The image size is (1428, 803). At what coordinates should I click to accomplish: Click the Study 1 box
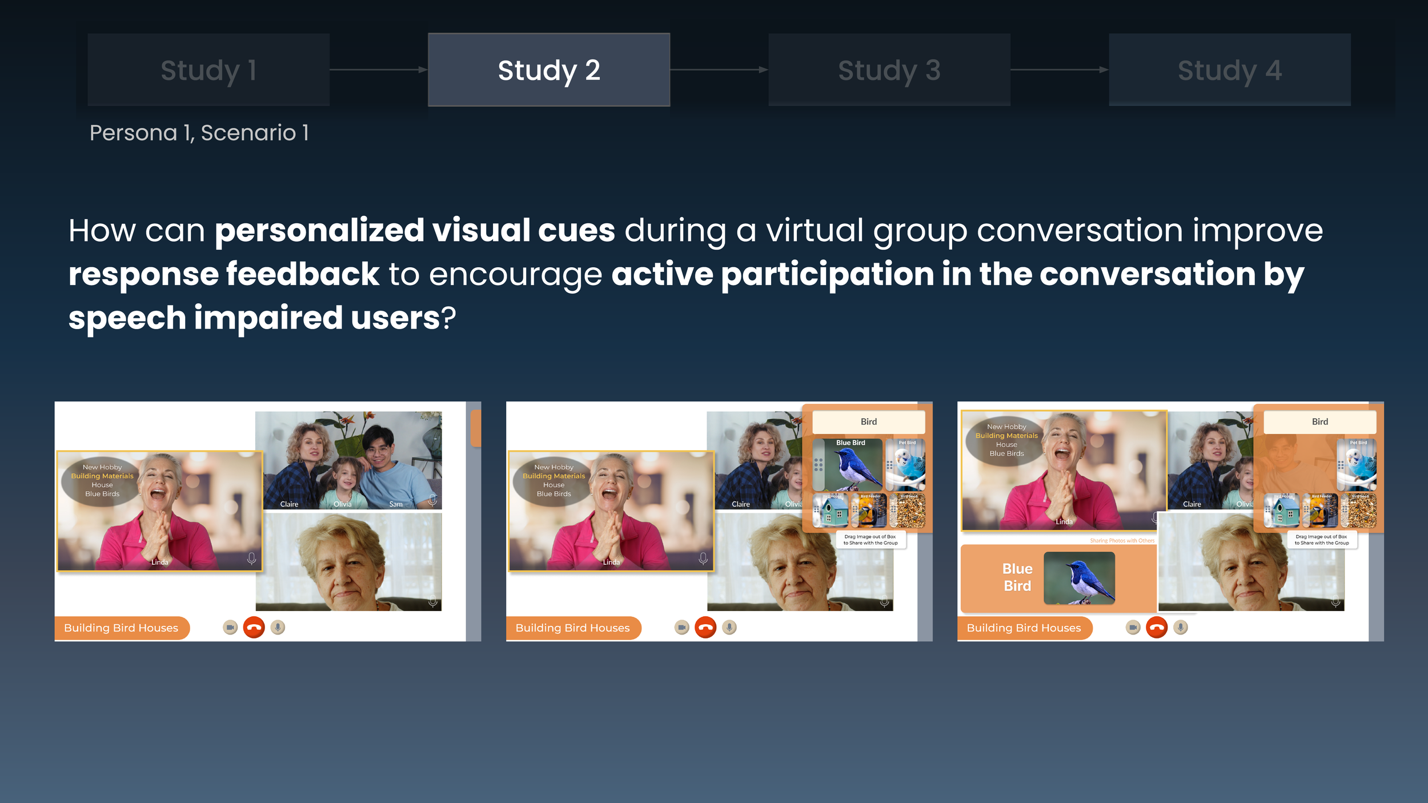click(x=208, y=70)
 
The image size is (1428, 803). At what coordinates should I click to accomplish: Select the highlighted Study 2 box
click(x=549, y=70)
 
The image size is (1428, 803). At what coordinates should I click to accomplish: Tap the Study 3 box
click(x=889, y=70)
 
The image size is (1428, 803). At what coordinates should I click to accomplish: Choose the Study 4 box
click(x=1229, y=70)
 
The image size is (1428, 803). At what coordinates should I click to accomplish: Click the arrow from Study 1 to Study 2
click(x=379, y=70)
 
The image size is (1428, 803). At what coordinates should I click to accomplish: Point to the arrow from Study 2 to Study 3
click(x=719, y=70)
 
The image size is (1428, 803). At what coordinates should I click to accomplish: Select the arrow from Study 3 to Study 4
click(x=1059, y=70)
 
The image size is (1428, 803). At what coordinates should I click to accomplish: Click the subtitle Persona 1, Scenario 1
click(x=199, y=133)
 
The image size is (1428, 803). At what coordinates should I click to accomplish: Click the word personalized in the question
click(x=319, y=230)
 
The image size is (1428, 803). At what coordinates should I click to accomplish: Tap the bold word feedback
click(x=303, y=274)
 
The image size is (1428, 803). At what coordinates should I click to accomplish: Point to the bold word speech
click(x=127, y=318)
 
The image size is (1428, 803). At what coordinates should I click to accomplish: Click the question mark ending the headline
click(x=449, y=318)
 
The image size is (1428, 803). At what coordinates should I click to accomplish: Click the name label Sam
click(x=396, y=504)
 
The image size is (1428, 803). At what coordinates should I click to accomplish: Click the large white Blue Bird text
click(x=1017, y=577)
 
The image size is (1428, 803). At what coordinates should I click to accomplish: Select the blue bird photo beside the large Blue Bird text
click(x=1079, y=578)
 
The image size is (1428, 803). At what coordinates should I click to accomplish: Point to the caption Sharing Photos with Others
click(x=1122, y=540)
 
